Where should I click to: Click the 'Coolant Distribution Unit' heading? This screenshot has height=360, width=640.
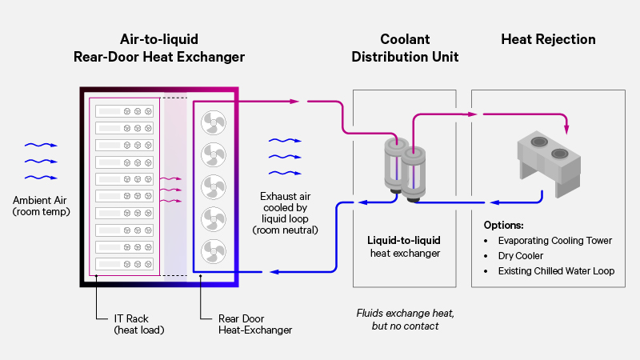click(405, 48)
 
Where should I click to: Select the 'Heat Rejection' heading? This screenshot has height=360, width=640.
click(548, 39)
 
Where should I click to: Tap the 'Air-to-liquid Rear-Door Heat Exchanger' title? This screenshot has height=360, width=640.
click(158, 48)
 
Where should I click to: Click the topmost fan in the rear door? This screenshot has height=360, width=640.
click(213, 122)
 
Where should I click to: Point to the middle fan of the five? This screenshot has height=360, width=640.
click(213, 186)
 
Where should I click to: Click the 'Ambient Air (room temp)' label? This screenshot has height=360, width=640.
click(42, 206)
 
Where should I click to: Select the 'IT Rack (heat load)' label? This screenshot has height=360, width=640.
click(138, 323)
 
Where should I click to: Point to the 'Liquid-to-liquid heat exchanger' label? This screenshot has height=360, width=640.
click(404, 246)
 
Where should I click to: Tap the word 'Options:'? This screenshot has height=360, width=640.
click(504, 225)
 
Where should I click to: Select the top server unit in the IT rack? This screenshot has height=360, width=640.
click(125, 112)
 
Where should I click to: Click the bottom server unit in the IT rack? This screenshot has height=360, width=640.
click(125, 263)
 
